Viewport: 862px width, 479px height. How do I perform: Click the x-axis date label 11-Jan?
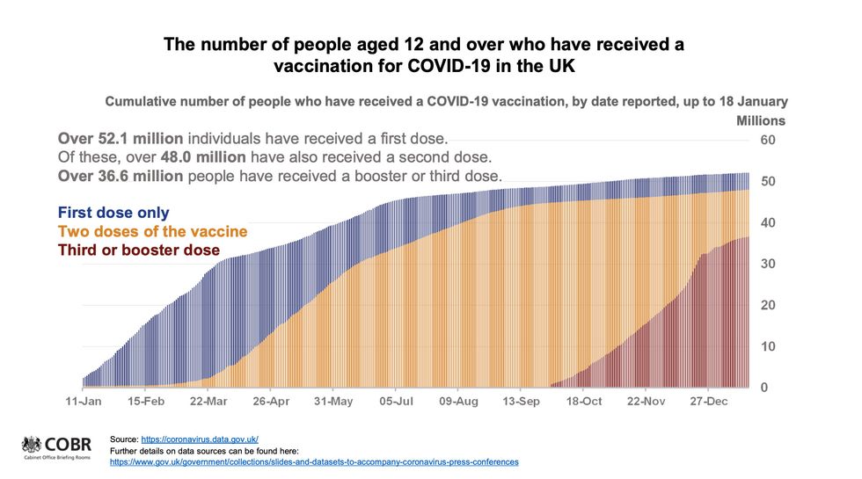click(x=84, y=402)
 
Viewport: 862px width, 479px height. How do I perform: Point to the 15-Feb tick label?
click(x=146, y=402)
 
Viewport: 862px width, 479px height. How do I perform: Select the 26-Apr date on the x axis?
click(x=271, y=402)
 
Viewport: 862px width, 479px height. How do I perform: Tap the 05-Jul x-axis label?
click(x=395, y=402)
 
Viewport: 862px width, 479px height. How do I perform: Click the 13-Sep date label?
click(x=520, y=402)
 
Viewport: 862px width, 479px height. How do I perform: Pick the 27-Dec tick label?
click(x=708, y=402)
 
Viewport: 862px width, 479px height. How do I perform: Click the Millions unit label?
click(x=760, y=120)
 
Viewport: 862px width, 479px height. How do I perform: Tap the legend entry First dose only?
click(x=113, y=213)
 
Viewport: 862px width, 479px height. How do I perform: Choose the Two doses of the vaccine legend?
click(x=152, y=232)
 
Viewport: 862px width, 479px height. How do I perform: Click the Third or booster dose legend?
click(x=139, y=250)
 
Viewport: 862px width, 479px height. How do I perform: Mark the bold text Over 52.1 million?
click(x=119, y=139)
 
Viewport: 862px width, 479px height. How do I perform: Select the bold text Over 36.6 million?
click(x=120, y=176)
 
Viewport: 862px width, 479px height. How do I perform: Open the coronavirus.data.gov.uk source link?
click(x=201, y=439)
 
